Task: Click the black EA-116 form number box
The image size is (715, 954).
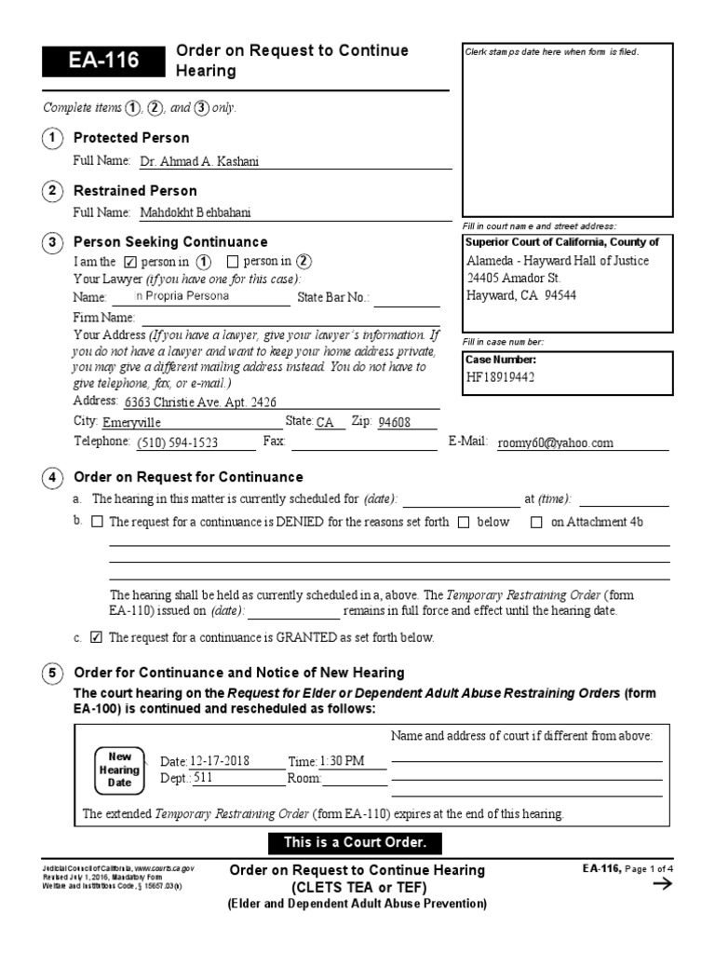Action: [101, 61]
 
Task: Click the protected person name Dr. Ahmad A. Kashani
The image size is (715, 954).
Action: [199, 161]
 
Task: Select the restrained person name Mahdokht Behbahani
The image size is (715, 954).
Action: [196, 212]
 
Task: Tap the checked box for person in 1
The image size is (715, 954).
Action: [130, 262]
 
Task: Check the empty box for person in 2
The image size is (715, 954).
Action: [233, 262]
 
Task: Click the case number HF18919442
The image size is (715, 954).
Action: [502, 377]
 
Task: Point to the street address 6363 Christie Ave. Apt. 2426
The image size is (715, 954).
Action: [200, 402]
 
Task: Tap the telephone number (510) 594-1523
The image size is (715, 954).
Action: [178, 443]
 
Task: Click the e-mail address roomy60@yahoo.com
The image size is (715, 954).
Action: [556, 443]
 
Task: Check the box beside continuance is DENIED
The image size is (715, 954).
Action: [98, 523]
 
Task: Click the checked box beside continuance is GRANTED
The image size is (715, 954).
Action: [96, 638]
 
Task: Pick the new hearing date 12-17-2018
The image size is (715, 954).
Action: [220, 761]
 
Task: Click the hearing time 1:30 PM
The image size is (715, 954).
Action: [342, 761]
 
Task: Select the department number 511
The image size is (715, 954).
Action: [203, 779]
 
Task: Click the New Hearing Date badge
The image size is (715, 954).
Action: [121, 770]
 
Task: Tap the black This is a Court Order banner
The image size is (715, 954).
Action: [346, 843]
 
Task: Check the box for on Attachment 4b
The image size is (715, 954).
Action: [536, 523]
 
